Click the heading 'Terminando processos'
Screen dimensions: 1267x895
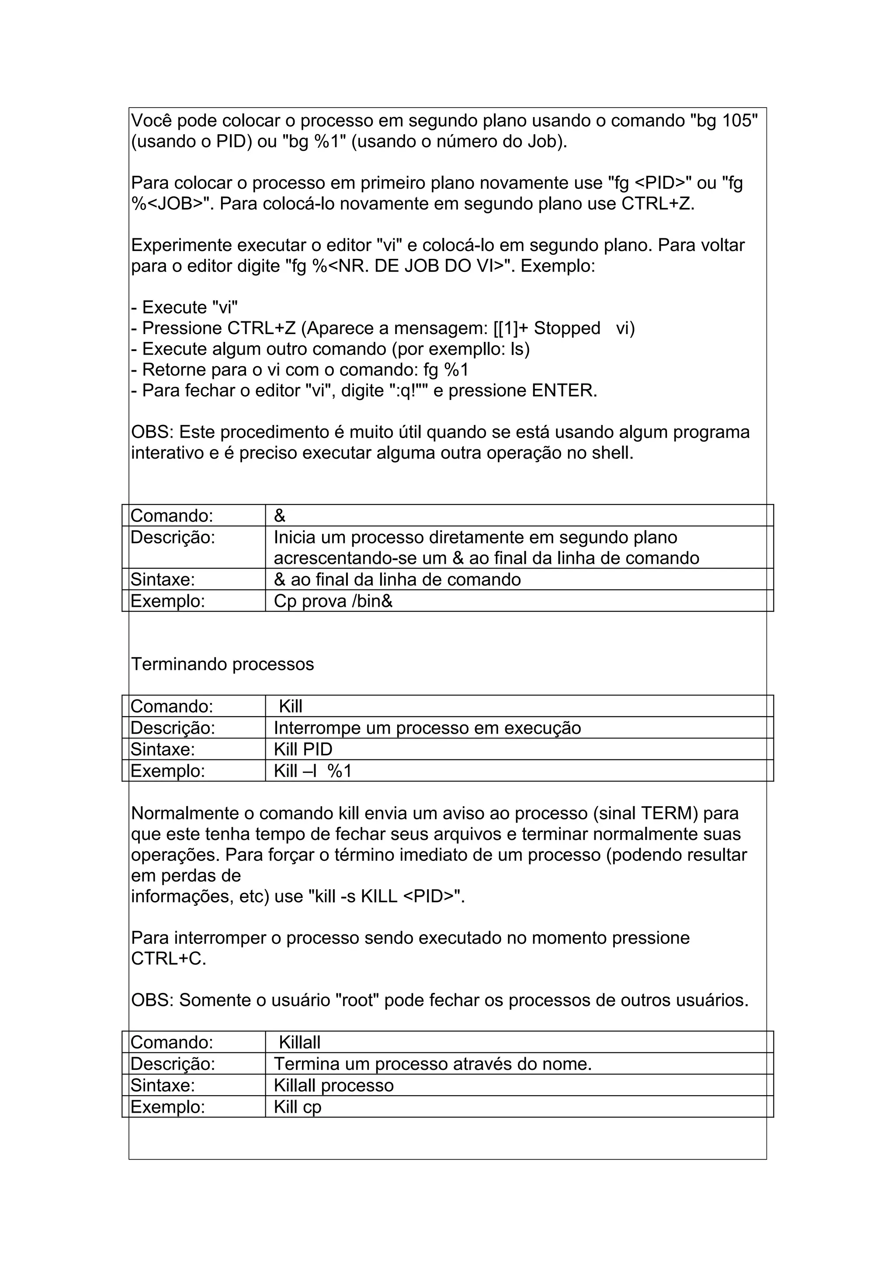pyautogui.click(x=222, y=664)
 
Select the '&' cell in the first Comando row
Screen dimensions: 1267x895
pyautogui.click(x=280, y=516)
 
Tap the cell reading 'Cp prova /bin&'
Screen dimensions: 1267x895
pyautogui.click(x=333, y=601)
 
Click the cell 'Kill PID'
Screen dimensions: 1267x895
pyautogui.click(x=303, y=749)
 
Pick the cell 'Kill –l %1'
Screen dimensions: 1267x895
pyautogui.click(x=312, y=771)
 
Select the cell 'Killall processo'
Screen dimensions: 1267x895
pyautogui.click(x=333, y=1086)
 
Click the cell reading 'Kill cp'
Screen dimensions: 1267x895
pyautogui.click(x=297, y=1107)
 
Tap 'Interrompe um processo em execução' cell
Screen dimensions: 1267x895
pyautogui.click(x=427, y=728)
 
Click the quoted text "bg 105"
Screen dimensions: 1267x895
pyautogui.click(x=724, y=121)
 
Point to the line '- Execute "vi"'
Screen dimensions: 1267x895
pyautogui.click(x=185, y=307)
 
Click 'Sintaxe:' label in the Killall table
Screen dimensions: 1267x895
pyautogui.click(x=163, y=1086)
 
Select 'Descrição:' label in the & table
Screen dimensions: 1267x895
pyautogui.click(x=173, y=537)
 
